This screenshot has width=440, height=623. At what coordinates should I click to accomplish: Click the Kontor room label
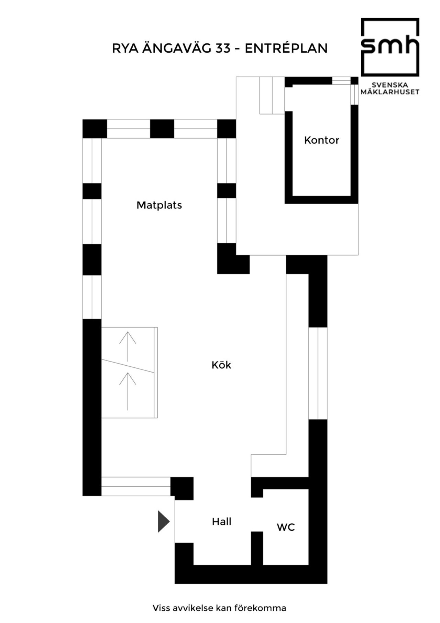[321, 140]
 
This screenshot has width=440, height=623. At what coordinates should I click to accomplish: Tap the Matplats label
[159, 205]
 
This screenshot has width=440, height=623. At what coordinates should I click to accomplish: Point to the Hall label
[221, 522]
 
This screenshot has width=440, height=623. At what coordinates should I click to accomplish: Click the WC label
[286, 527]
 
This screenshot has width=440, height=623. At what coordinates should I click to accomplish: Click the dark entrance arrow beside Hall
[164, 522]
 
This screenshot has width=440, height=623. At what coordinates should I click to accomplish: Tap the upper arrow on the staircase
[128, 346]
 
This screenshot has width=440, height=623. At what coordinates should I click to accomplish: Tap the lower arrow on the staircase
[128, 391]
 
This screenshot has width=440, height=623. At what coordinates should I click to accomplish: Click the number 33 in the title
[223, 49]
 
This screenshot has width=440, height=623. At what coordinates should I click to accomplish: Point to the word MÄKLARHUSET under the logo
[390, 92]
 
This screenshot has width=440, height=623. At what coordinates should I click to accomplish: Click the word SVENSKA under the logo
[390, 85]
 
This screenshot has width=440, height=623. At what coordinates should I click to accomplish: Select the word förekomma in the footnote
[260, 608]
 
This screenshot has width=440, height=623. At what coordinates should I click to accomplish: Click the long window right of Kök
[318, 373]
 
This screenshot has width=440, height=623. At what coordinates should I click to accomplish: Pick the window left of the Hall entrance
[136, 486]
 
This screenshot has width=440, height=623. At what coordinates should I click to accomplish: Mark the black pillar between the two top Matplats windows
[162, 129]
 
